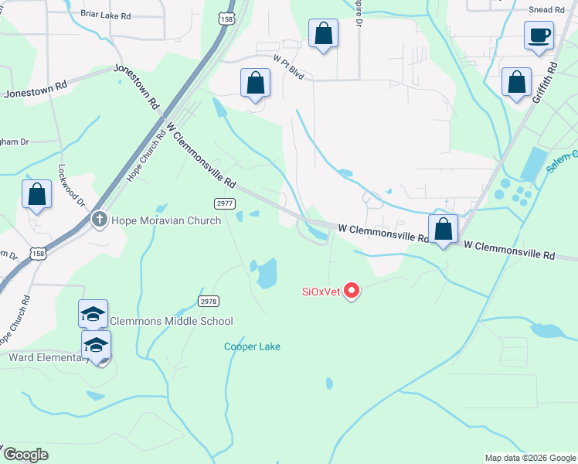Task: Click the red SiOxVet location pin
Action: point(352,291)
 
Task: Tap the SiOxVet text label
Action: point(320,292)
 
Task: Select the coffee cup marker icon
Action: point(538,35)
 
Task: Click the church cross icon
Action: point(99,220)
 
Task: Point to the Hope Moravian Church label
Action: point(166,220)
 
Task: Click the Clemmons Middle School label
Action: point(172,321)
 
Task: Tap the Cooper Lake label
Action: point(252,346)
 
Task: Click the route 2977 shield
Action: point(226,203)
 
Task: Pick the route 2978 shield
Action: point(208,301)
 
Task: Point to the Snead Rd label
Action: point(546,9)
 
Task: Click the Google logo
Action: point(25,455)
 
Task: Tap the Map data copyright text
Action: point(529,458)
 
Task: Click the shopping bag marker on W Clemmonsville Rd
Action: point(443,229)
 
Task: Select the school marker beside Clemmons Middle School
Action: point(93,314)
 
